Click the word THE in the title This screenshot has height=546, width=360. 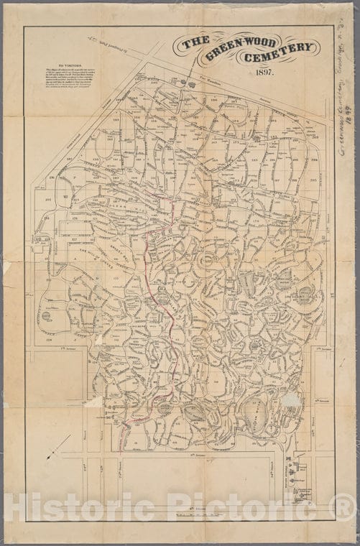(195, 42)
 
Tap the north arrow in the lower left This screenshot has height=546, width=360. (57, 445)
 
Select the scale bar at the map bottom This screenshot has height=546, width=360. (187, 514)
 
